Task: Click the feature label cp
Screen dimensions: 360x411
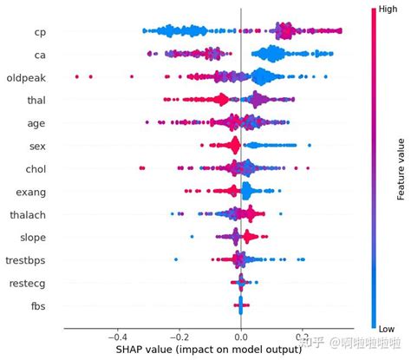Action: pyautogui.click(x=40, y=33)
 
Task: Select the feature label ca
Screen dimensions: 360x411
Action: pyautogui.click(x=40, y=56)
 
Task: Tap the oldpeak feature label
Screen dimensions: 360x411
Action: pyautogui.click(x=26, y=78)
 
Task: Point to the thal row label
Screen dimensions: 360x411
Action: pyautogui.click(x=35, y=101)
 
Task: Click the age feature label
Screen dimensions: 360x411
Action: pyautogui.click(x=36, y=124)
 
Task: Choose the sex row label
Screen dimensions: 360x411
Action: pyautogui.click(x=37, y=147)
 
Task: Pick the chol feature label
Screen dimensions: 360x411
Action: pyautogui.click(x=35, y=169)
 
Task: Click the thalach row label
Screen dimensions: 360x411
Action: pyautogui.click(x=28, y=214)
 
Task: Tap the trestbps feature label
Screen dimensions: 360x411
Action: pyautogui.click(x=25, y=259)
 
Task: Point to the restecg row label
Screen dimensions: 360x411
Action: pyautogui.click(x=28, y=282)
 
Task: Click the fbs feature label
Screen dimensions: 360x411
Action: pyautogui.click(x=37, y=304)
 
